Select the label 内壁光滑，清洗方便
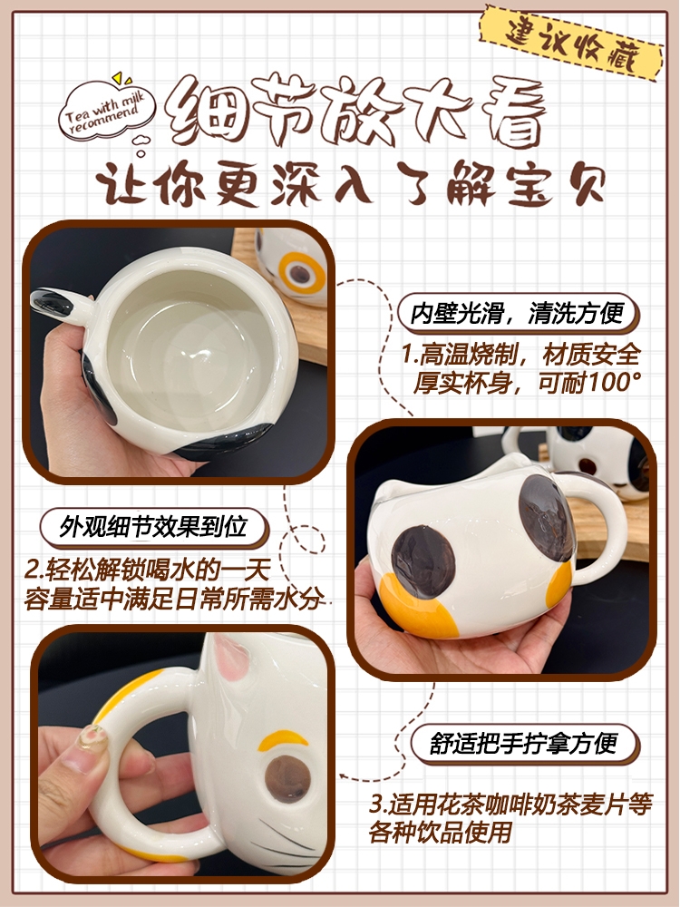[x=517, y=314]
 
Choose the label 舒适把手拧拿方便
[x=523, y=744]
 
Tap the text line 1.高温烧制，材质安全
[x=520, y=354]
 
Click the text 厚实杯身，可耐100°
[x=526, y=382]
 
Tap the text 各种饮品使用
[x=441, y=833]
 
